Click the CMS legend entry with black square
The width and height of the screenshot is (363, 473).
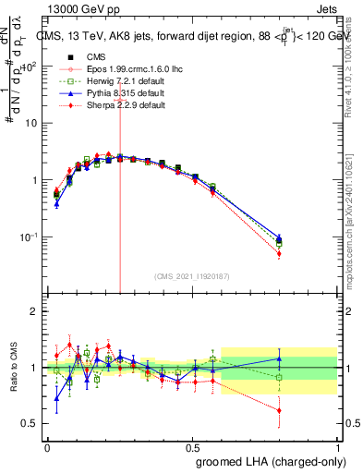(x=107, y=57)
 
